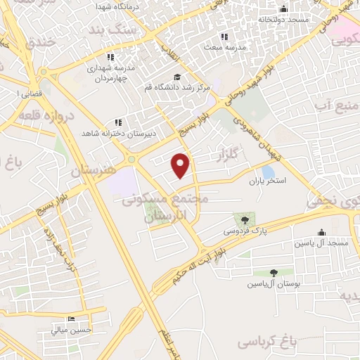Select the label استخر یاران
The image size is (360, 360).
coord(268,181)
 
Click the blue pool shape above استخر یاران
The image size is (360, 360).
coord(268,171)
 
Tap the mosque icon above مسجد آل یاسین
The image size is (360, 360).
coord(322,232)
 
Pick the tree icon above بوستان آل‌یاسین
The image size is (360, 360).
coord(274,273)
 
